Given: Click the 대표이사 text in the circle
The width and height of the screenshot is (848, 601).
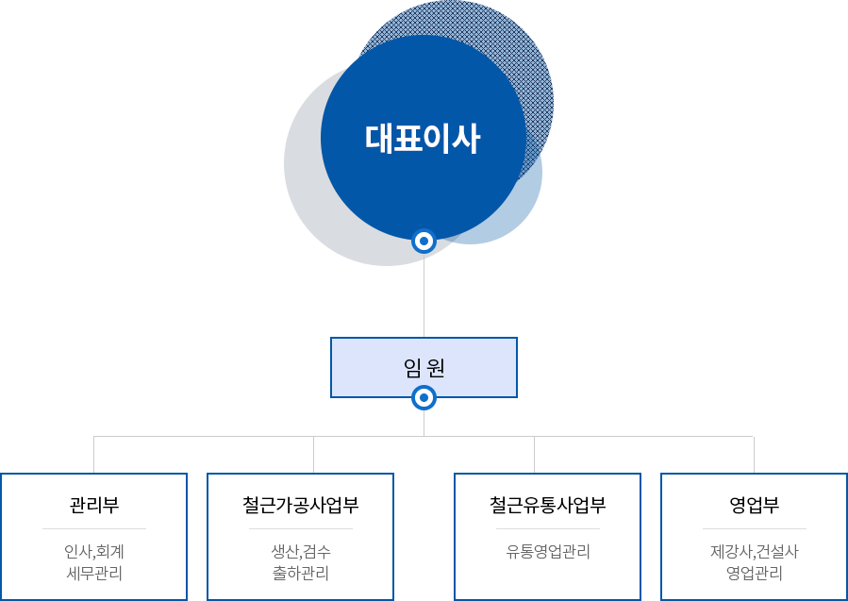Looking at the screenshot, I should [423, 140].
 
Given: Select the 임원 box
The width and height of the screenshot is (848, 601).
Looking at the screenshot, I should [424, 367].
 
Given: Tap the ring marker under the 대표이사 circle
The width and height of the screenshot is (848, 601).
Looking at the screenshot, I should [424, 242].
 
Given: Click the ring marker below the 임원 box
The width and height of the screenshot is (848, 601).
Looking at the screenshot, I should [424, 398].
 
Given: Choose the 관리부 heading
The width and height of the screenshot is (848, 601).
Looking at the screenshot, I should [94, 505].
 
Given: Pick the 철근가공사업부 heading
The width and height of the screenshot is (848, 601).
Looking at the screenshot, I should [301, 505].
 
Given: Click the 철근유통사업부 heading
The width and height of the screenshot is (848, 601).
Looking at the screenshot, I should [548, 505].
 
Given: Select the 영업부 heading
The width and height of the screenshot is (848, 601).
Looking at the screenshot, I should [755, 505].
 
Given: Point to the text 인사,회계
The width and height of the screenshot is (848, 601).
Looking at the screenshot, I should [94, 552].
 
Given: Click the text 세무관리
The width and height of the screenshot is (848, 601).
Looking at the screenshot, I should [94, 573].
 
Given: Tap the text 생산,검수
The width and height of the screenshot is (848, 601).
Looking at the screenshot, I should [301, 552].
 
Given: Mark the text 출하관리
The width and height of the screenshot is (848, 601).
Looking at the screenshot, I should [301, 573].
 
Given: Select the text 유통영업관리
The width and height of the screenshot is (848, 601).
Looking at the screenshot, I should [548, 552].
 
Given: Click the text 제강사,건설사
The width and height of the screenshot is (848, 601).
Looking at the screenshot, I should [755, 552].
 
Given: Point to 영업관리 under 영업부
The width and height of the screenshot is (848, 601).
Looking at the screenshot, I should [755, 573].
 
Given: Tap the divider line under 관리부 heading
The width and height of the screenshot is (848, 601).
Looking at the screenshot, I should [94, 529].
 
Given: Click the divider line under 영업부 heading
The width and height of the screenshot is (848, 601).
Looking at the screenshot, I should [755, 529].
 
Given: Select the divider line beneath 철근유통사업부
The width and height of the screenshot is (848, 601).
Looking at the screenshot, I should [548, 529].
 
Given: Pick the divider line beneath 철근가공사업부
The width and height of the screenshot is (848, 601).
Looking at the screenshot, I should [301, 529].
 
